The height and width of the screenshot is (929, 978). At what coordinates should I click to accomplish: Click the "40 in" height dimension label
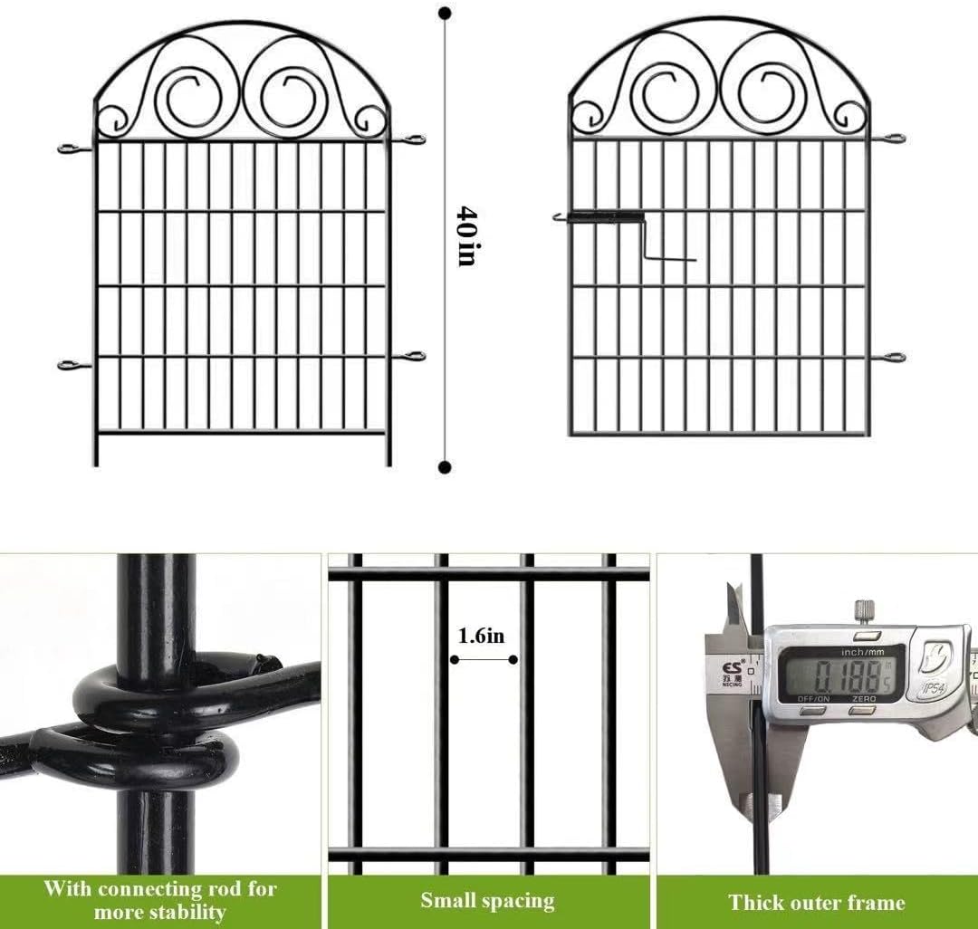465,236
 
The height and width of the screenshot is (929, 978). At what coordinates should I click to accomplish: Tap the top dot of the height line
445,14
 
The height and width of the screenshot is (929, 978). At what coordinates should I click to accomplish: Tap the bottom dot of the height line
445,467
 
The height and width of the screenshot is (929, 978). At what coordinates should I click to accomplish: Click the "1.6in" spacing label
481,637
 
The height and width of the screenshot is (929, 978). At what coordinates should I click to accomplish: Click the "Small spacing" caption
487,901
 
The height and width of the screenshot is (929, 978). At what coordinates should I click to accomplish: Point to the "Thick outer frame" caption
816,902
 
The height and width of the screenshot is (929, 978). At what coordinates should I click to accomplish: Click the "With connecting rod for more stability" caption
160,900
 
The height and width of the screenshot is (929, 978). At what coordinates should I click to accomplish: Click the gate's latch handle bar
599,217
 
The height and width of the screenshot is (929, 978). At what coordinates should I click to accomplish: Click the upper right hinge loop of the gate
894,139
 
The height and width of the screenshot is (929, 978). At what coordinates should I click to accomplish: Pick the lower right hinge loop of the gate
894,358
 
